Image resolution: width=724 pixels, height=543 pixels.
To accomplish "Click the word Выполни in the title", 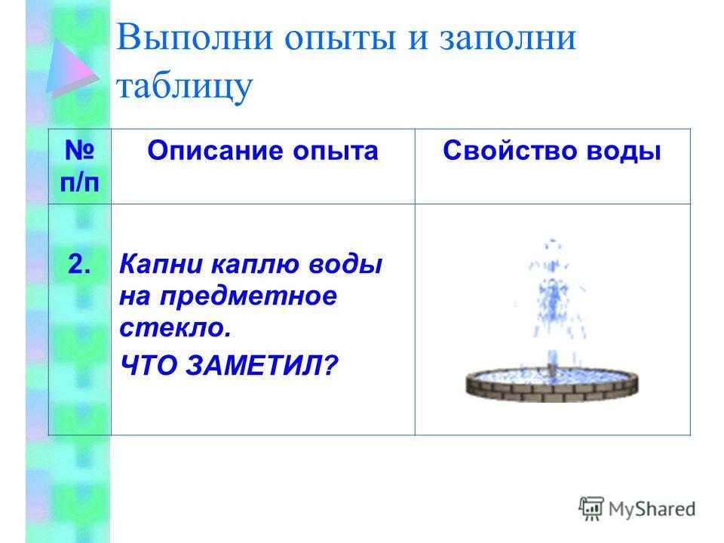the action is pos(195,37).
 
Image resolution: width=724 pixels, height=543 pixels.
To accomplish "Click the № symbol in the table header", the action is pos(79,150).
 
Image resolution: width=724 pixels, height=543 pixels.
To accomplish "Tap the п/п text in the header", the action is pos(79,183).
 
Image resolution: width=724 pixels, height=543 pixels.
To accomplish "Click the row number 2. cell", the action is pos(79,265).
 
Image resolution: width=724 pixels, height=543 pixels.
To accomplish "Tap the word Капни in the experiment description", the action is pos(161,265).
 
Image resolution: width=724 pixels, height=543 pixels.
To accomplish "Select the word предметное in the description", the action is pos(248,297).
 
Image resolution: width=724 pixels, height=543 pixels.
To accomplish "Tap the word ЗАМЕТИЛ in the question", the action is pos(254,366).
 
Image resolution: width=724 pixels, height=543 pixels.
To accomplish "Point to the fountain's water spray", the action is pos(552,300).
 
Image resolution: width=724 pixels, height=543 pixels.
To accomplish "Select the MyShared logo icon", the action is pos(591,509).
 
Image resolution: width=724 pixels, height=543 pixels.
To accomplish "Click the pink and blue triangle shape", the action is pos(71,69).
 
